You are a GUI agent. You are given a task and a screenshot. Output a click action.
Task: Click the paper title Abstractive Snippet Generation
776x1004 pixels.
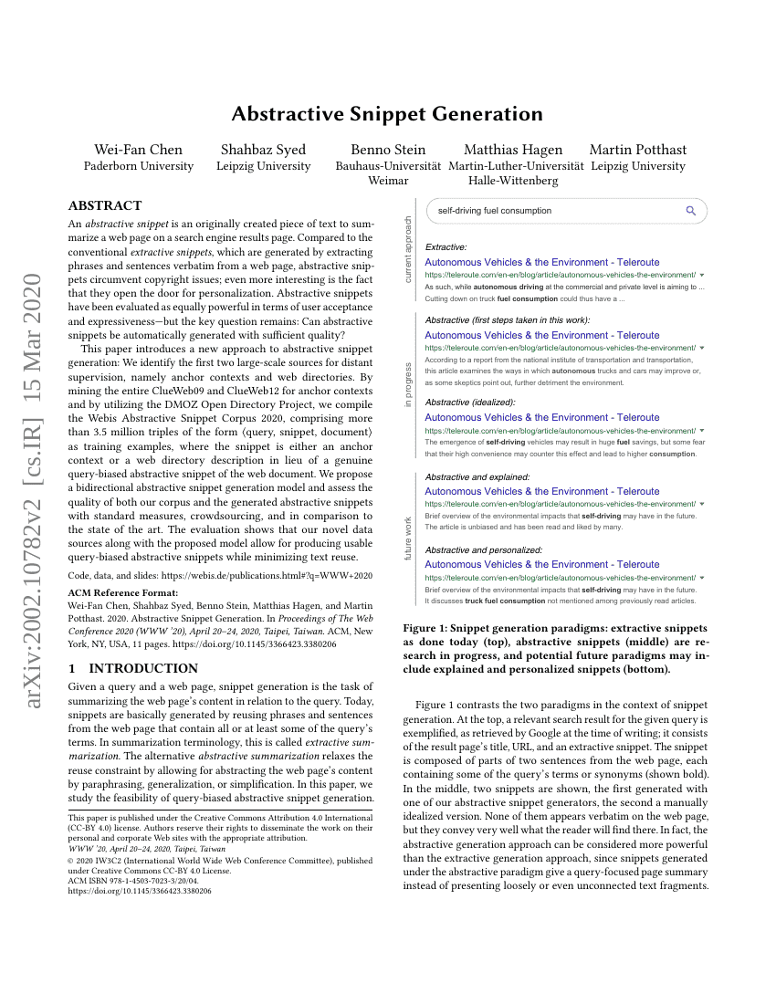coord(387,114)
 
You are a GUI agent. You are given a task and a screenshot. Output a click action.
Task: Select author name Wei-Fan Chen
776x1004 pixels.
coord(139,150)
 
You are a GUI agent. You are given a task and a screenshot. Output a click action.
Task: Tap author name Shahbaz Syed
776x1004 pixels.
coord(263,150)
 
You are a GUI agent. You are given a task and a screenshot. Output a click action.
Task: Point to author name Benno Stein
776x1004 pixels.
coord(388,150)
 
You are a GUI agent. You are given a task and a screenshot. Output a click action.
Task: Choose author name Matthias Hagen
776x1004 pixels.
coord(513,150)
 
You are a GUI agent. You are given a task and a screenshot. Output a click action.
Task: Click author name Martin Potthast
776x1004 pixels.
coord(638,150)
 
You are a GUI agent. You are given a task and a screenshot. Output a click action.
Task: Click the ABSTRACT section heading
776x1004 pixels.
coord(105,205)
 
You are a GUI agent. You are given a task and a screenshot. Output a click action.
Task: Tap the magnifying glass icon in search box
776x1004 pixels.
coord(691,211)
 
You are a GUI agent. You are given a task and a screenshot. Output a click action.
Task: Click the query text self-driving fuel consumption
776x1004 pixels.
coord(495,211)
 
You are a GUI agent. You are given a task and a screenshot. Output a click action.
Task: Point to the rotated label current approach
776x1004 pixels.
coord(408,248)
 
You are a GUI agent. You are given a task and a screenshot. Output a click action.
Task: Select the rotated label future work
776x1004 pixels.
coord(408,539)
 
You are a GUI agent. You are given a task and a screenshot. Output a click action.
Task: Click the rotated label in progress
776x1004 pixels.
coord(408,385)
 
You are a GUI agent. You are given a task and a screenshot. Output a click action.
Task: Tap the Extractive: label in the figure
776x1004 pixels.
coord(446,246)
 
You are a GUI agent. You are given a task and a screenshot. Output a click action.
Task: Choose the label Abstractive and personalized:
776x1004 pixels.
coord(484,549)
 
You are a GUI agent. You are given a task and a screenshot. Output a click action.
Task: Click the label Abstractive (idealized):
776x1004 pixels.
coord(470,402)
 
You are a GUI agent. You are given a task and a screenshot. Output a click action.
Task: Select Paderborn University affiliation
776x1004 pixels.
coord(139,166)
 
